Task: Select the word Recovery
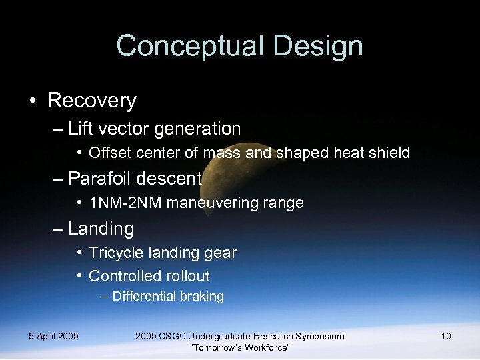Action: [92, 101]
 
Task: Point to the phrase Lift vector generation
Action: [154, 128]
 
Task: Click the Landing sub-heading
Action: [101, 229]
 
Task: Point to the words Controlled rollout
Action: [149, 276]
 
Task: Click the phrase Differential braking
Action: [168, 297]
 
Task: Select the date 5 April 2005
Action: [53, 336]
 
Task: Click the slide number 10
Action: [445, 336]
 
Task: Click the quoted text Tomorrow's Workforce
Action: [239, 347]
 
